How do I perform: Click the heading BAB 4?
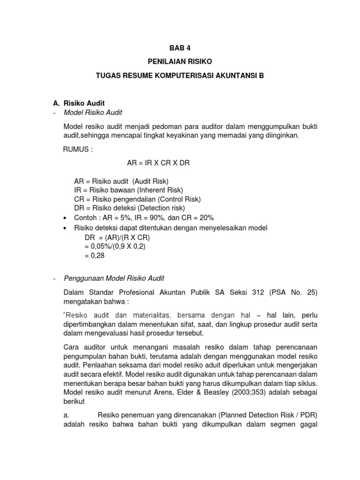point(180,48)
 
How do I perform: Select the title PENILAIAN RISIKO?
point(180,61)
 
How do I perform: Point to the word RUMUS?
point(77,150)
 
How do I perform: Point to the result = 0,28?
point(96,256)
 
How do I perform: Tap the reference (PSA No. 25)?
point(293,292)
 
